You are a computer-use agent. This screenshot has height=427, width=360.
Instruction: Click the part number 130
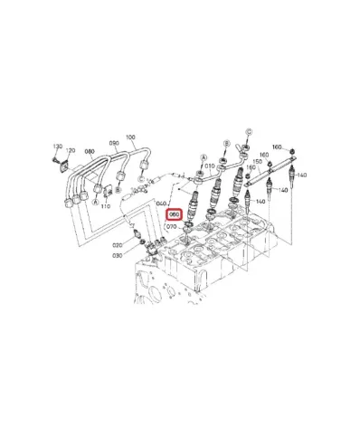pyautogui.click(x=56, y=146)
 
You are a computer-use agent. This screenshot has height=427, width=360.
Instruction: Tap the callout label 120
pyautogui.click(x=71, y=150)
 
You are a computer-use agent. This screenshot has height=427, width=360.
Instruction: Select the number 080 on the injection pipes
pyautogui.click(x=90, y=152)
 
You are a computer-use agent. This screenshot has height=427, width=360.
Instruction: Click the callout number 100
pyautogui.click(x=130, y=138)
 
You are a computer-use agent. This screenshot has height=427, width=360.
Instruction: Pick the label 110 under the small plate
pyautogui.click(x=105, y=207)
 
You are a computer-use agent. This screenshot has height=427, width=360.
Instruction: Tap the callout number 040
pyautogui.click(x=163, y=204)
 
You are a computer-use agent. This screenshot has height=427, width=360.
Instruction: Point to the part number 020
pyautogui.click(x=118, y=244)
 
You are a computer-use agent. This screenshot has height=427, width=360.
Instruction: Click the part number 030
pyautogui.click(x=118, y=256)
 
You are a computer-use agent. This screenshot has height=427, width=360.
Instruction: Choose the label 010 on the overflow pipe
pyautogui.click(x=209, y=166)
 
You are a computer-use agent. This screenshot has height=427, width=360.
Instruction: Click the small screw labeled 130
pyautogui.click(x=58, y=163)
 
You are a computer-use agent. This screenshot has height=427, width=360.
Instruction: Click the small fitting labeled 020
pyautogui.click(x=137, y=240)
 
